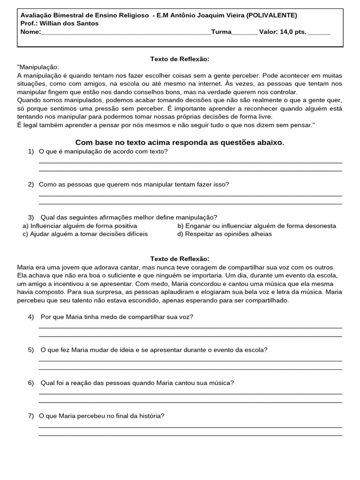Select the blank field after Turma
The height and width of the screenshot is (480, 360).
(244, 32)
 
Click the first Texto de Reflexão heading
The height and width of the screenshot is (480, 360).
(180, 59)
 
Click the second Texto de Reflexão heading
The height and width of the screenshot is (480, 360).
(180, 259)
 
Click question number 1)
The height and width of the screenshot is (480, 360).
(31, 151)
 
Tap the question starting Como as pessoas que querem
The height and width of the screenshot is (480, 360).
(134, 184)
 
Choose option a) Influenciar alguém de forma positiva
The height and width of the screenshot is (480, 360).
(80, 226)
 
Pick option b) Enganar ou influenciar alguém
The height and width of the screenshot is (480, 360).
(256, 226)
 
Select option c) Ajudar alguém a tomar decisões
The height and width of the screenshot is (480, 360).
(85, 234)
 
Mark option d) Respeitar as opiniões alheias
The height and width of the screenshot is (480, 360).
(225, 234)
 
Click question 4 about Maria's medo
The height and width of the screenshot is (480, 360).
(117, 317)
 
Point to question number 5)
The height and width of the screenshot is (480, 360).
(31, 350)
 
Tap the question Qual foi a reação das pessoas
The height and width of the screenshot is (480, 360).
(137, 383)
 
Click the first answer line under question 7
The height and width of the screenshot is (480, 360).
(190, 427)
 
